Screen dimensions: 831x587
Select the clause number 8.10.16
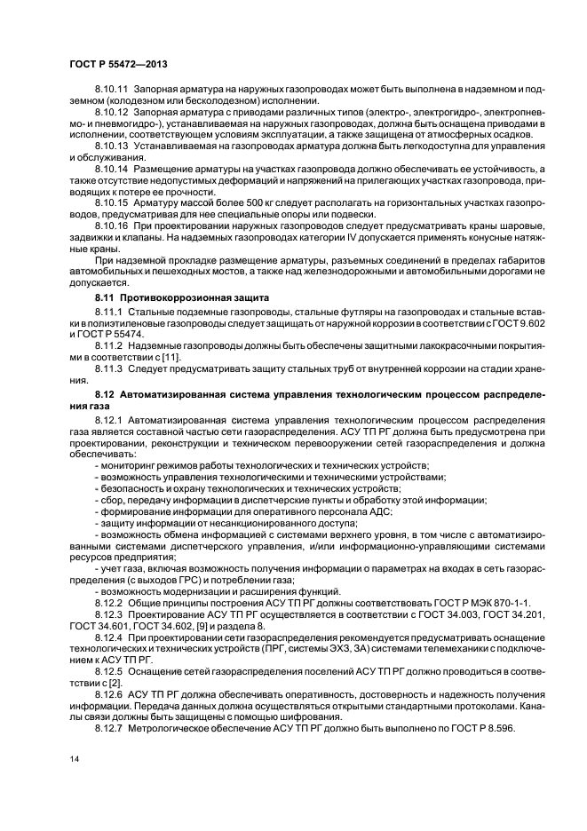pos(112,227)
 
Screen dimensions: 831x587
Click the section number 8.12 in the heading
pos(106,392)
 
